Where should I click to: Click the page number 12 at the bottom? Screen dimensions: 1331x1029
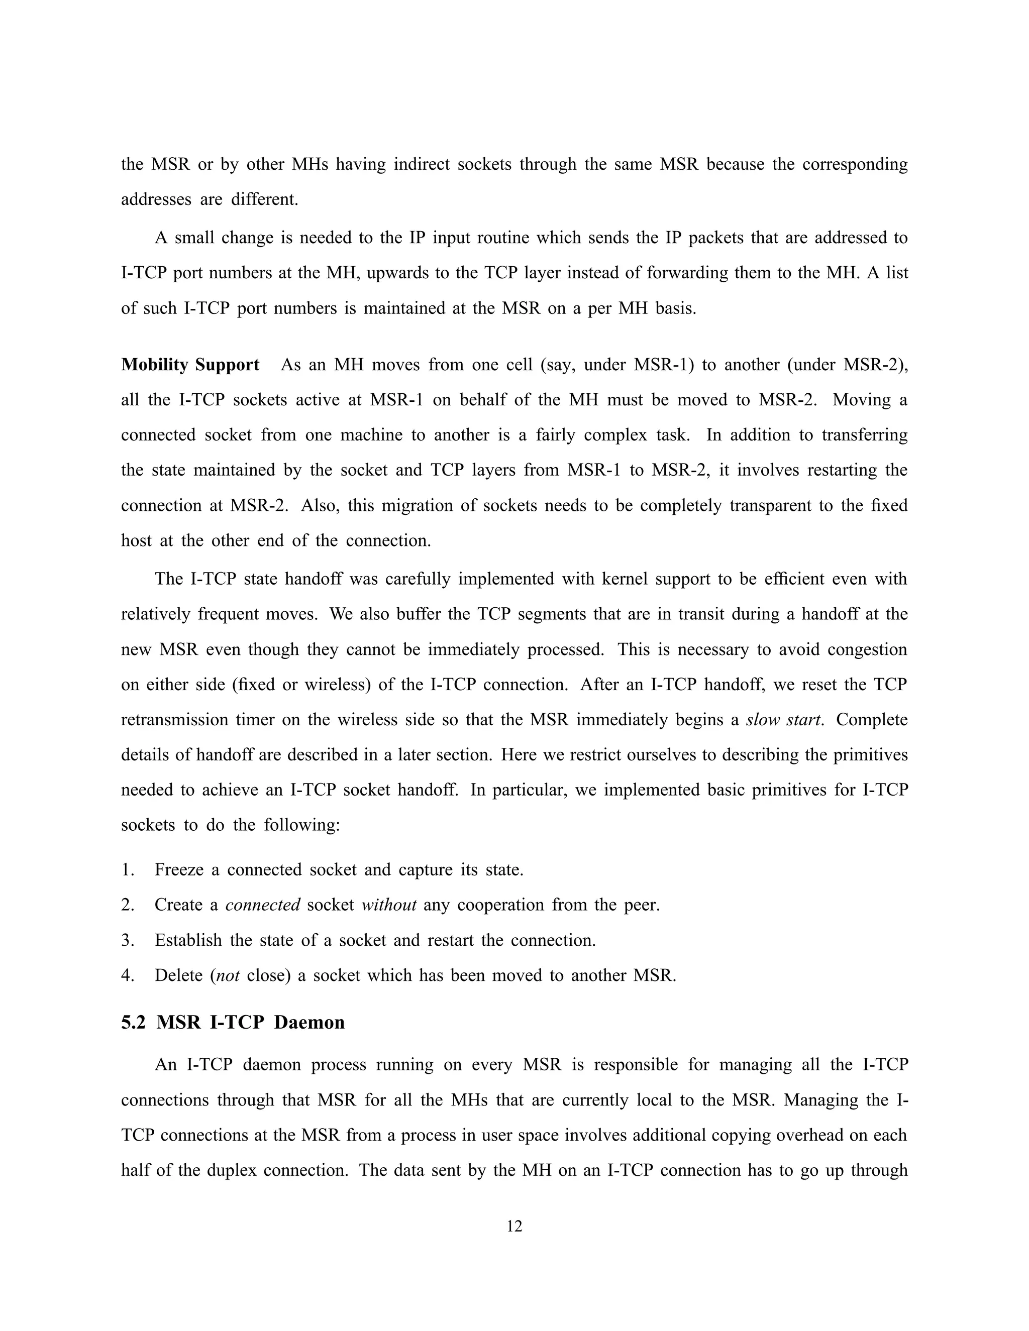514,1226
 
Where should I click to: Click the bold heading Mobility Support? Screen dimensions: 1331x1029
190,365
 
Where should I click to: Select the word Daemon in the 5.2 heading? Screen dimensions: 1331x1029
309,1022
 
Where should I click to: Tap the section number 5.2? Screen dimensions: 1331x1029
134,1022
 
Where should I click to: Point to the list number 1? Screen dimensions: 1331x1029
127,869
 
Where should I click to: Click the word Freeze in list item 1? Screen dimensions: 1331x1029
178,869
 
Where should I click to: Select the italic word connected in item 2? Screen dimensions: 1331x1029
263,905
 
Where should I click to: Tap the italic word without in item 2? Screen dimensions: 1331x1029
389,905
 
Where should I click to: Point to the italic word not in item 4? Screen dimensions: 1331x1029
228,976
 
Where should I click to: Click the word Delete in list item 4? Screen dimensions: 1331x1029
178,976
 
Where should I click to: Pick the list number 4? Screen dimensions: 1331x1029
127,976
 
